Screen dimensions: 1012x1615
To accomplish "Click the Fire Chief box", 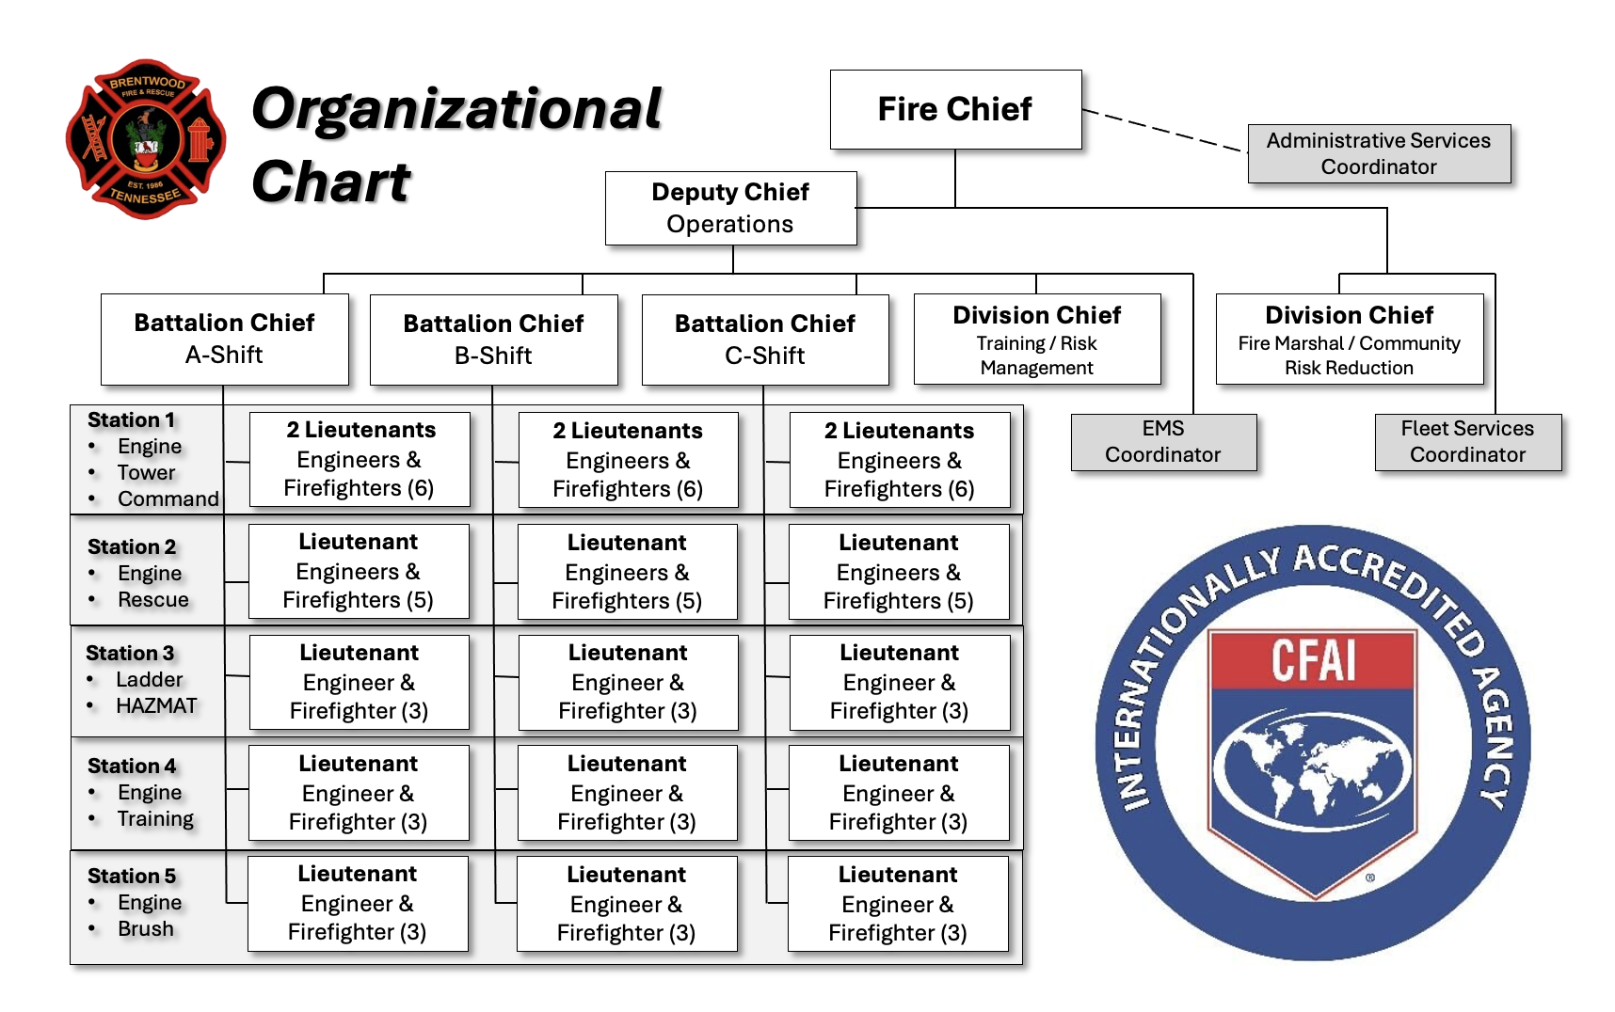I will (x=955, y=109).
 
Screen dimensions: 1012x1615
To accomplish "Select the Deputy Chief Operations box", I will (x=730, y=208).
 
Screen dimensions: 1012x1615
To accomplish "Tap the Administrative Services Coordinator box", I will (x=1379, y=153).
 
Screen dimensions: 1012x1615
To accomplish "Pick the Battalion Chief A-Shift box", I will (x=224, y=339).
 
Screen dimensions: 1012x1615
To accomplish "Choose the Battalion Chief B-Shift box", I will (x=493, y=340).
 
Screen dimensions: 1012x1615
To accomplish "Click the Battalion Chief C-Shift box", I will (x=764, y=340).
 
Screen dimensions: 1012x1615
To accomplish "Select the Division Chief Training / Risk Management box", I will (x=1036, y=339).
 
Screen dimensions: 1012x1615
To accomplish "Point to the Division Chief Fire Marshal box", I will (x=1349, y=339).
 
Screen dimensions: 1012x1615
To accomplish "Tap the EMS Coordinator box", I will (x=1163, y=441).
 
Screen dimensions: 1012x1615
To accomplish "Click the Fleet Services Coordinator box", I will (x=1467, y=441).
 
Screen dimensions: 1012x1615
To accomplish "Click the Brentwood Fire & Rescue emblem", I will (x=146, y=139).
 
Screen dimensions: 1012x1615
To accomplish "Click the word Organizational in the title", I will (x=457, y=109).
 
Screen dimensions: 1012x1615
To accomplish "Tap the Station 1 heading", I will (x=131, y=419).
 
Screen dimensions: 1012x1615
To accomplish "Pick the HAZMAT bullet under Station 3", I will (x=156, y=705).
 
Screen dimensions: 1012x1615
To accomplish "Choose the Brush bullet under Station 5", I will (x=146, y=928).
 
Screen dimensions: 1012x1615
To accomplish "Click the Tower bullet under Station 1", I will (x=146, y=472).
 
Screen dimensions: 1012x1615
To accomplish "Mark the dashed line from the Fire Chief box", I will (x=1164, y=130).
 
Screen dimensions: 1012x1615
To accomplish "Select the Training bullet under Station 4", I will (x=155, y=818).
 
